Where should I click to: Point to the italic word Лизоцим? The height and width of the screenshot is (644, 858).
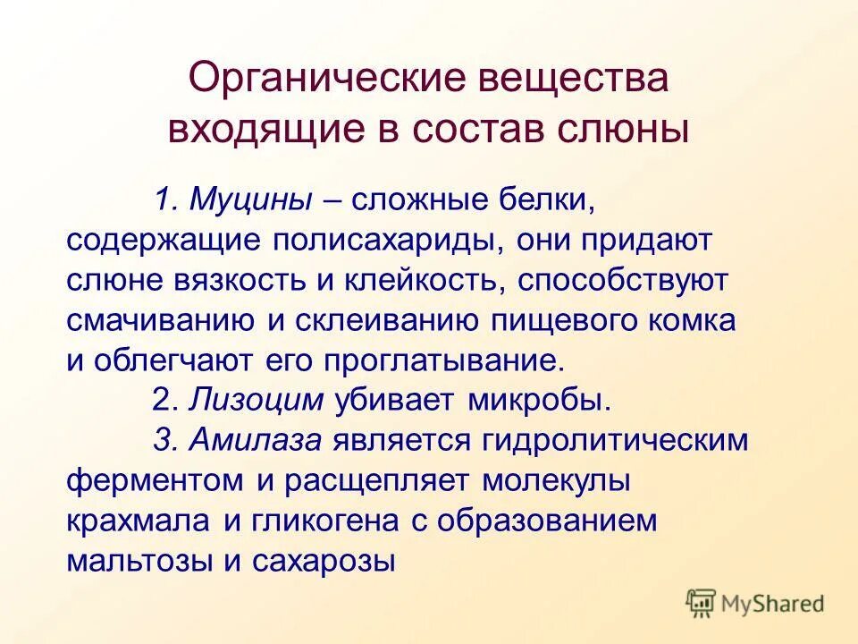pos(257,400)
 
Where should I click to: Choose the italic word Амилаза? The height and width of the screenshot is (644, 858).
pos(258,440)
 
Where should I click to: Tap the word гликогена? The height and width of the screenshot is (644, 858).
pos(331,521)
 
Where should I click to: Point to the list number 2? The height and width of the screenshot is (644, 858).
pos(161,400)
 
